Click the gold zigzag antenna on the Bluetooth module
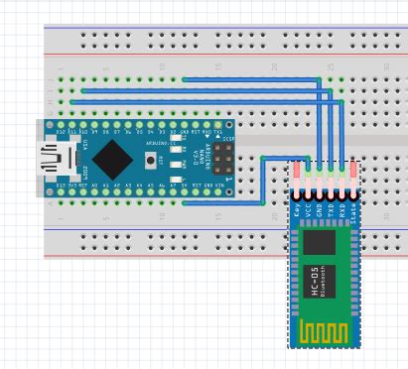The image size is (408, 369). pos(323,330)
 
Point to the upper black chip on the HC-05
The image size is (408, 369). pos(320,243)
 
